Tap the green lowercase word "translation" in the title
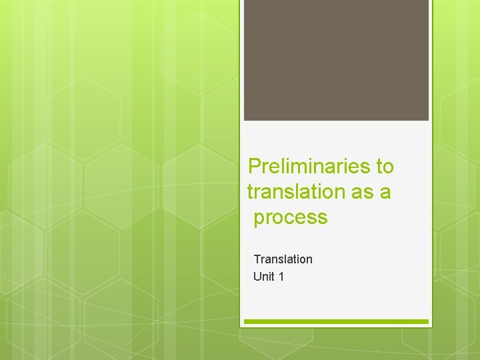click(x=295, y=192)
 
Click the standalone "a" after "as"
click(x=385, y=192)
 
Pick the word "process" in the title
click(x=291, y=217)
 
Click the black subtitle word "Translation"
click(x=283, y=259)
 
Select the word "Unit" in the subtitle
click(x=264, y=276)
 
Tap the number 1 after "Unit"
click(x=281, y=276)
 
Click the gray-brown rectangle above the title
click(x=336, y=60)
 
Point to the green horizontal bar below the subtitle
click(x=336, y=322)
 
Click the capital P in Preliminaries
click(x=254, y=166)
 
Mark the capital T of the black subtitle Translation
click(x=257, y=259)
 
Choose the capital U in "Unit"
click(x=257, y=276)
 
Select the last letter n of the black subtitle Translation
click(x=309, y=259)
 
